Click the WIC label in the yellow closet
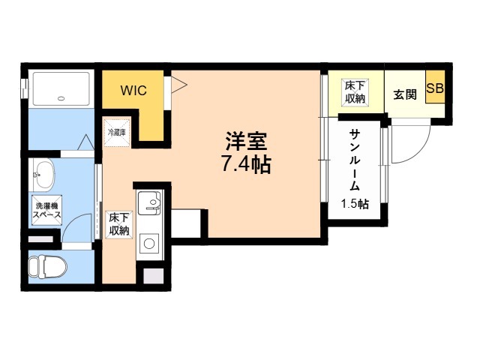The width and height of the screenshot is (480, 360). [x=135, y=91]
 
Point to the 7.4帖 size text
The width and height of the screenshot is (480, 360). [x=244, y=164]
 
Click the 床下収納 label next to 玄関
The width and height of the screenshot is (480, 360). [x=355, y=91]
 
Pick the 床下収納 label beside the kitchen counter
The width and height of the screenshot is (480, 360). [x=118, y=223]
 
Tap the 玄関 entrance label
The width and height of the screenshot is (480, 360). [x=405, y=95]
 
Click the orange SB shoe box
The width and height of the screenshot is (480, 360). [x=435, y=88]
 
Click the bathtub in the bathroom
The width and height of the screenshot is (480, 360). [x=60, y=89]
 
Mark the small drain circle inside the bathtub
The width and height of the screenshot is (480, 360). [x=60, y=97]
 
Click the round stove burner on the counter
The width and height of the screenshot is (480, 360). [x=149, y=243]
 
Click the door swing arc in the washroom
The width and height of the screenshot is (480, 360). [x=75, y=225]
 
